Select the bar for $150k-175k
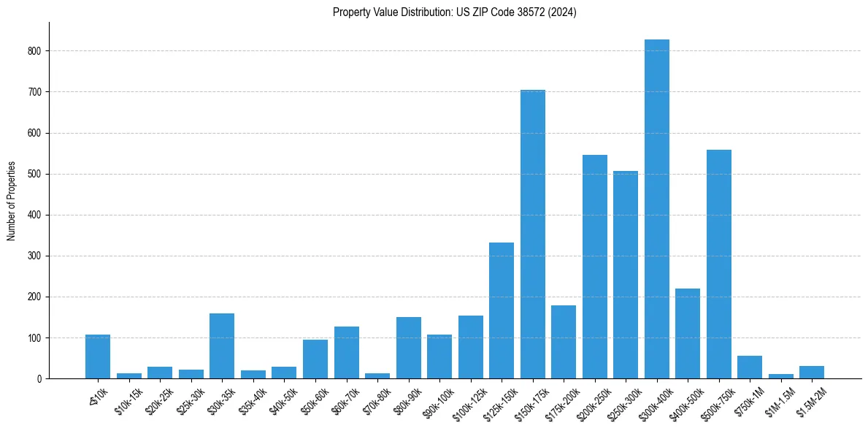point(532,234)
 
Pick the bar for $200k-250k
point(594,267)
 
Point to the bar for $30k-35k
point(222,346)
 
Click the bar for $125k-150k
point(502,310)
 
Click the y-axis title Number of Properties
point(12,201)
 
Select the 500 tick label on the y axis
point(36,174)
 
